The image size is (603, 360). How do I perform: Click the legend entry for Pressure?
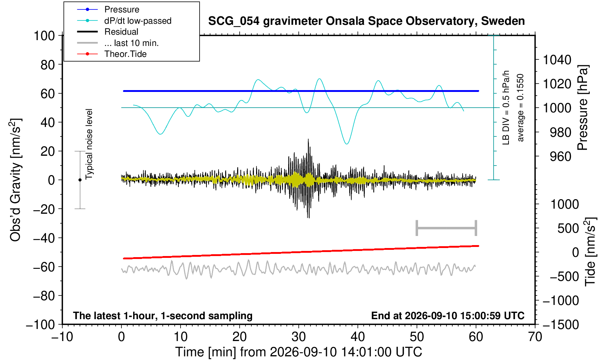pos(108,10)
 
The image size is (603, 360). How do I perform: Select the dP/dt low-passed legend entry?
pos(124,21)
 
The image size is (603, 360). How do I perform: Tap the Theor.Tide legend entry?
pos(112,54)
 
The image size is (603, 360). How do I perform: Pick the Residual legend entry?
pos(108,32)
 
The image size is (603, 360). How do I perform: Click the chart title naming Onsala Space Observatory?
pos(366,21)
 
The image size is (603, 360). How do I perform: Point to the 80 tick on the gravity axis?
pos(47,65)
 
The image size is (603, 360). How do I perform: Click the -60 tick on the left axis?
pos(44,267)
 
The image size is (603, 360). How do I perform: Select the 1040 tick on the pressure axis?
pos(557,60)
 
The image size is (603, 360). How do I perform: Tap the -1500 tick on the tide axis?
pos(561,325)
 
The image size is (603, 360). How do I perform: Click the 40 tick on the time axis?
pos(358,337)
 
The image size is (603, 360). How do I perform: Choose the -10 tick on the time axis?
pos(62,337)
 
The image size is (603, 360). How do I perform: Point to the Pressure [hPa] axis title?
pos(583,108)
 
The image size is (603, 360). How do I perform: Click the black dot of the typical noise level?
pos(80,180)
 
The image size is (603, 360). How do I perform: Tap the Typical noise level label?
pos(89,144)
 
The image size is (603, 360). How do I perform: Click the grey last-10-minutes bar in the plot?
pos(447,228)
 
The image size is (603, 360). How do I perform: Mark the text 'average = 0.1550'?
pos(521,108)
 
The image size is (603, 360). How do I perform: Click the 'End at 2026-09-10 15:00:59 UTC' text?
pos(448,316)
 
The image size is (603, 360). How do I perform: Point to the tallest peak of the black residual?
pos(308,139)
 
